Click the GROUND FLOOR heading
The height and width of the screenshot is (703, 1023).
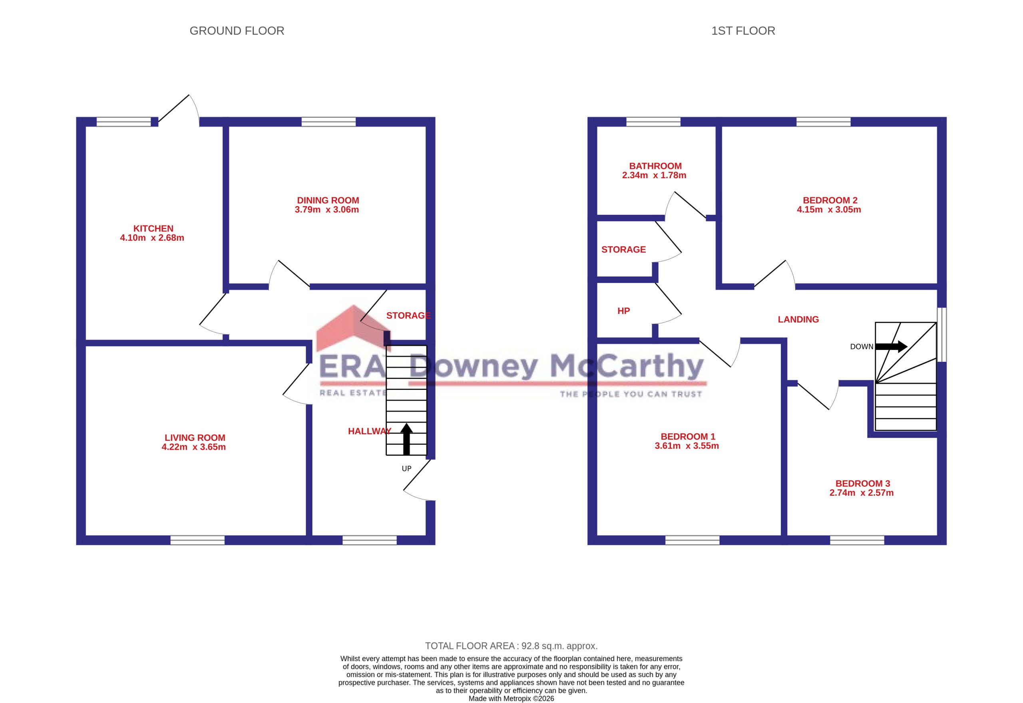pos(237,31)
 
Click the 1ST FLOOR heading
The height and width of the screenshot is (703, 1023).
pos(743,31)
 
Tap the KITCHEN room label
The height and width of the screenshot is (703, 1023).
pos(153,228)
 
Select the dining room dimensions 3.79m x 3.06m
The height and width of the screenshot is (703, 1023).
pos(327,210)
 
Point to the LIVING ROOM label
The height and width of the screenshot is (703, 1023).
pos(195,438)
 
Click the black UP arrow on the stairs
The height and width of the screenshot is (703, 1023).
pos(406,439)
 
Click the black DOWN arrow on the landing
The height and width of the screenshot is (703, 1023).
pos(891,347)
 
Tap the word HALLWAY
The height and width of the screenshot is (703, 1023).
pos(370,431)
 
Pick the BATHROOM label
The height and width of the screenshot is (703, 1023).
pos(655,166)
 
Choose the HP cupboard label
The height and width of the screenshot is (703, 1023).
pos(623,311)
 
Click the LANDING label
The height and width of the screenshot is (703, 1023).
pos(798,319)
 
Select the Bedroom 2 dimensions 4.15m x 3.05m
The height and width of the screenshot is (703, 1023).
pos(829,210)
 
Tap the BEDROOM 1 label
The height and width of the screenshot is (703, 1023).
pos(688,437)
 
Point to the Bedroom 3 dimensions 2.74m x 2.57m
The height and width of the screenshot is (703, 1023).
pos(861,493)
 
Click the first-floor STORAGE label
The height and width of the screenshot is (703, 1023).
pos(623,250)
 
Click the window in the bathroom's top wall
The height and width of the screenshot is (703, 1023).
pos(653,121)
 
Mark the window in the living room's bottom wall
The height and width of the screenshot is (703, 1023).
pos(197,540)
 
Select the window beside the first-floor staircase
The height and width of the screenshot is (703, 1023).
pos(941,335)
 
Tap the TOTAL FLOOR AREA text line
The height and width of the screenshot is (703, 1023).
pos(511,646)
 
